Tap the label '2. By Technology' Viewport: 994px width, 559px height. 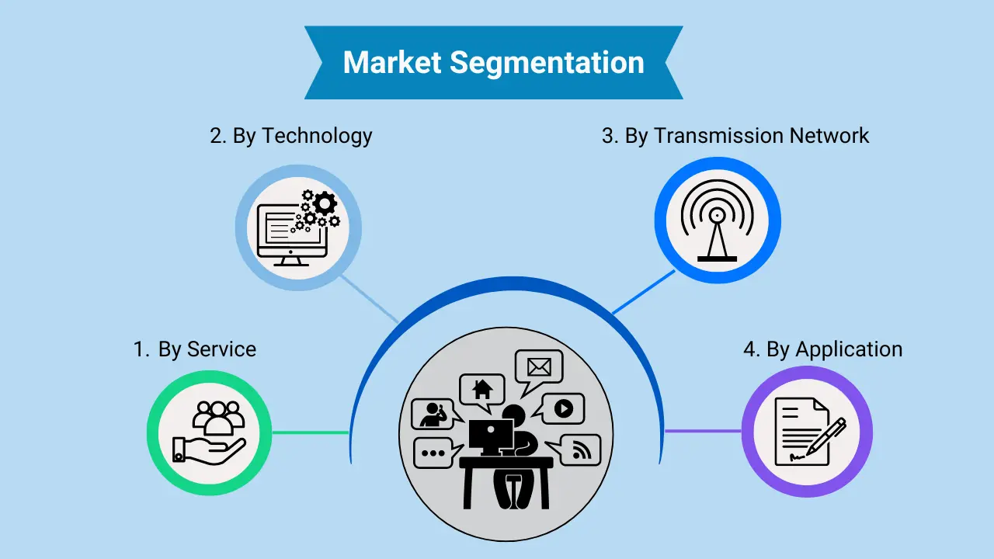point(291,136)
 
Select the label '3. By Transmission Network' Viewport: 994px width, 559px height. point(735,136)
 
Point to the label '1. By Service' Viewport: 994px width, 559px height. point(195,349)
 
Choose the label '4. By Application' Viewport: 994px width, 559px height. point(822,349)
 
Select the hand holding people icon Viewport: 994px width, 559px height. point(209,432)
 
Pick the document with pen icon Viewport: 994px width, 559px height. point(807,432)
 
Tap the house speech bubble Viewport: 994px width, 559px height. point(482,388)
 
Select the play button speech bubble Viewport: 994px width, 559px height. point(563,408)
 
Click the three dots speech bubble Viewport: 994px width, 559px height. point(433,453)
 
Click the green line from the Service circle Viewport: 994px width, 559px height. point(310,432)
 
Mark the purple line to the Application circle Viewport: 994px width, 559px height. point(703,431)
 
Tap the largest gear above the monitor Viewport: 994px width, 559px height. point(325,204)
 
